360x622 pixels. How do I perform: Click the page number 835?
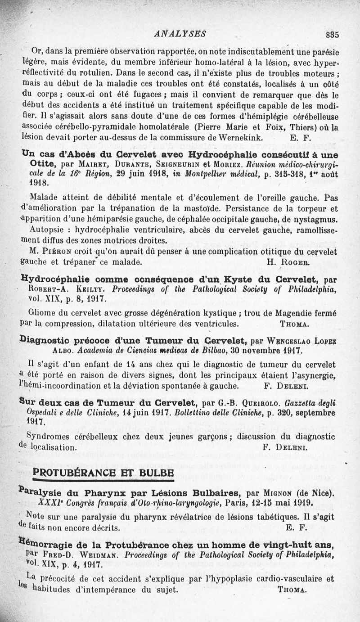333,34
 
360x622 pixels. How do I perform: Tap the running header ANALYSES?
180,33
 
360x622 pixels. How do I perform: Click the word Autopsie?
47,229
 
